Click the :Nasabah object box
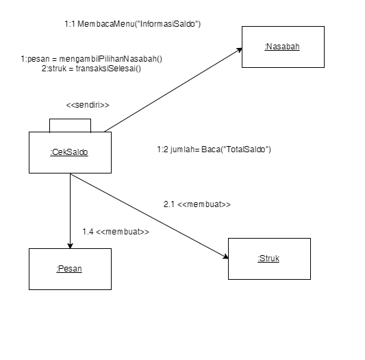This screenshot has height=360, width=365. pos(282,47)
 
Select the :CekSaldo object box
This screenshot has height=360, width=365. pos(69,152)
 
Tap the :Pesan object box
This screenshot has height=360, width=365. pos(69,268)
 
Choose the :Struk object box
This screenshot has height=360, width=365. pos(268,259)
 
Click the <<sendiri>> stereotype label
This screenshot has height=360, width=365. pos(88,105)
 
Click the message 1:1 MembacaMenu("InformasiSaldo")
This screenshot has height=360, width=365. pos(132,24)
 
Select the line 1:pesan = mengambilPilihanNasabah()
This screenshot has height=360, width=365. pos(91,58)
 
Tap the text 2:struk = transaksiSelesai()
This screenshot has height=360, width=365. pos(91,69)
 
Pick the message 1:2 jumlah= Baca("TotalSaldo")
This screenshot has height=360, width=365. pos(214,149)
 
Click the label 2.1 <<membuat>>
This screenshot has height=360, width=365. pos(197,204)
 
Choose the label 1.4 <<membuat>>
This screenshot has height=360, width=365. pos(115,232)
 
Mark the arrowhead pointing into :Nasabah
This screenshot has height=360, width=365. pos(240,49)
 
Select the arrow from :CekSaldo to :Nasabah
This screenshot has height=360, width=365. pos(171,90)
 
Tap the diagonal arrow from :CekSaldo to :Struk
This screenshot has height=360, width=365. pos(147,215)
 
